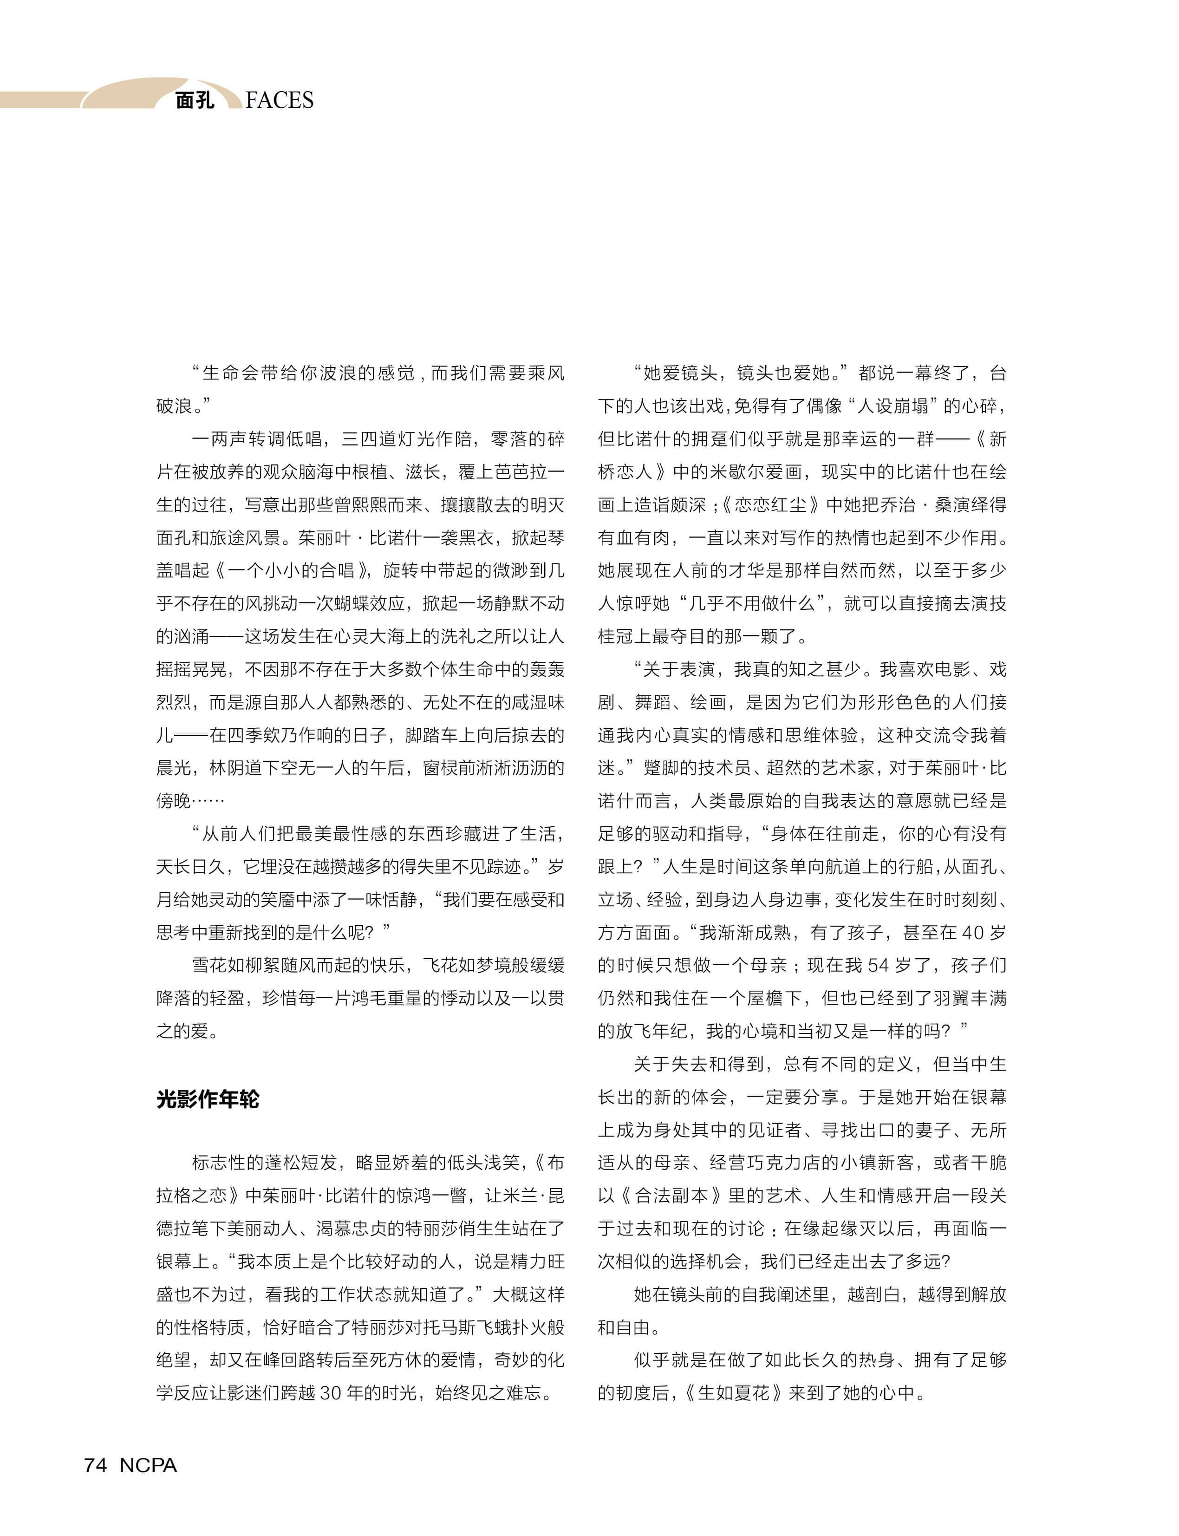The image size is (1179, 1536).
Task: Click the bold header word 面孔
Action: (x=195, y=100)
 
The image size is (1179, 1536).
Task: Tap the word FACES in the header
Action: (x=280, y=100)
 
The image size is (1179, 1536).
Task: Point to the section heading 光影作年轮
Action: (x=208, y=1099)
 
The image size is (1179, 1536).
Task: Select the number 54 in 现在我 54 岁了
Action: (x=878, y=966)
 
